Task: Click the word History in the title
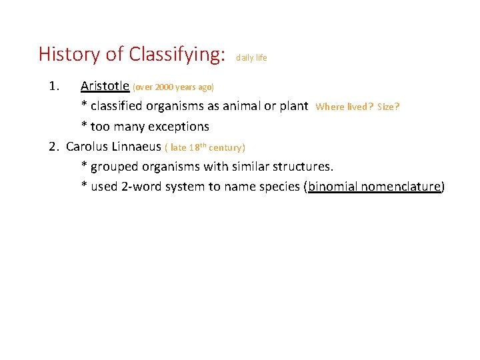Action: tap(69, 54)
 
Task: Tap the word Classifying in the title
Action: tap(175, 55)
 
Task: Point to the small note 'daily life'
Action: tap(251, 58)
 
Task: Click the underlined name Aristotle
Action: tap(105, 86)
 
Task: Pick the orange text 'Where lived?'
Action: tap(345, 107)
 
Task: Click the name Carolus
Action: tap(87, 147)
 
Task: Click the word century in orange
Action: tap(225, 147)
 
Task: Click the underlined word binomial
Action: tap(331, 187)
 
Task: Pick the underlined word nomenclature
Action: tap(400, 187)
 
